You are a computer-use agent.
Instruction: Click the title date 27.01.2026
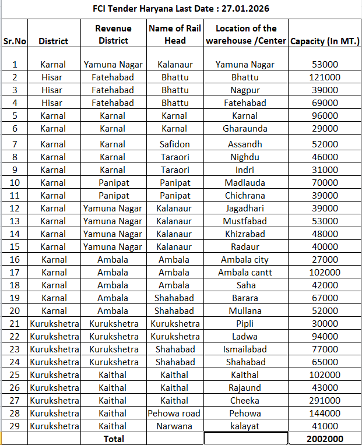[x=244, y=9]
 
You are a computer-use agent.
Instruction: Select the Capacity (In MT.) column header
[x=325, y=41]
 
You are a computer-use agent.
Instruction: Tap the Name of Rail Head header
[x=175, y=34]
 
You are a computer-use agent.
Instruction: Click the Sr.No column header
[x=15, y=41]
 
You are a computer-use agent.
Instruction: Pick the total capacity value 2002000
[x=325, y=439]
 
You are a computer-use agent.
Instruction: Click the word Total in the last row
[x=113, y=439]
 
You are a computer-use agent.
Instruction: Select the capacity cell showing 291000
[x=325, y=400]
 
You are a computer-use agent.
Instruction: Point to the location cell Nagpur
[x=245, y=90]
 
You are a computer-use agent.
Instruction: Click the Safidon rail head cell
[x=175, y=144]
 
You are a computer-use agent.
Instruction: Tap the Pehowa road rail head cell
[x=175, y=413]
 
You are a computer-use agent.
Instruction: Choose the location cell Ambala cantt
[x=245, y=272]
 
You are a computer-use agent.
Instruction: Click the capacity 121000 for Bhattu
[x=325, y=77]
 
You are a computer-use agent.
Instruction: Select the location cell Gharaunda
[x=245, y=128]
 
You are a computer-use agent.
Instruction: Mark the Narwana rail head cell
[x=175, y=426]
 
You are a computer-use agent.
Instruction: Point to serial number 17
[x=15, y=272]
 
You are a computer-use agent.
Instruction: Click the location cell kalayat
[x=245, y=426]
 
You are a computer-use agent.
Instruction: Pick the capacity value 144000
[x=325, y=413]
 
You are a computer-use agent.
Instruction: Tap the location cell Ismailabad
[x=245, y=349]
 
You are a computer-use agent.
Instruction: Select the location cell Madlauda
[x=245, y=182]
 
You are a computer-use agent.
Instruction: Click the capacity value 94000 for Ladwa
[x=325, y=336]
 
